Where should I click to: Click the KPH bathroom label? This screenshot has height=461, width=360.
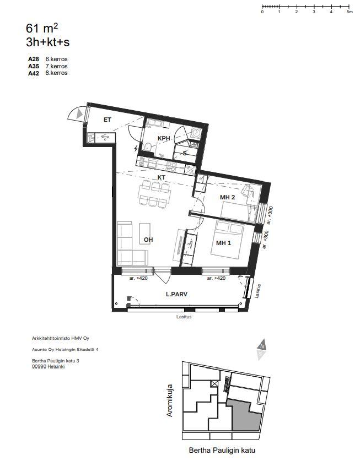coord(164,138)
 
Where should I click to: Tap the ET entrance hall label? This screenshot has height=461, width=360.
coord(107,120)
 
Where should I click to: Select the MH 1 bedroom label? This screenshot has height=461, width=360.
coord(223,243)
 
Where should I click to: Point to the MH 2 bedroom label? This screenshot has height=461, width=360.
coord(227,197)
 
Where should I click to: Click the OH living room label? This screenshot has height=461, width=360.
coord(148,240)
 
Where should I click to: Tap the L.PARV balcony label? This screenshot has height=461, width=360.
coord(176,294)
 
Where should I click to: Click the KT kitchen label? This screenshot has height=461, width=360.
coord(162,177)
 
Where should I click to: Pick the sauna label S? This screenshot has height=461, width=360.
coord(185,153)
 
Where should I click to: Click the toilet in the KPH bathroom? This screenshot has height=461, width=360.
coord(148,147)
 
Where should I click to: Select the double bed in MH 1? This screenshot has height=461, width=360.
coord(227,239)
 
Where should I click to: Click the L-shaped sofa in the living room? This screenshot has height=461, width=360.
coord(132,243)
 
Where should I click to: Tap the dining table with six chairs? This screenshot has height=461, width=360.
coord(154,193)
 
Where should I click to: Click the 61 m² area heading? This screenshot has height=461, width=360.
coord(42,29)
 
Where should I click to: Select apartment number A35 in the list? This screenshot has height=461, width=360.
coord(34,67)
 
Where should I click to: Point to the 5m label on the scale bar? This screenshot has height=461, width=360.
coord(350,12)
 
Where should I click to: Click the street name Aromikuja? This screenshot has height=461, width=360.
coord(170,400)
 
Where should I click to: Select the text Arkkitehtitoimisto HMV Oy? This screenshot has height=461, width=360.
coord(60,338)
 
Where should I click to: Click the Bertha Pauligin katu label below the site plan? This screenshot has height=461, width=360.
coord(222,450)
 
